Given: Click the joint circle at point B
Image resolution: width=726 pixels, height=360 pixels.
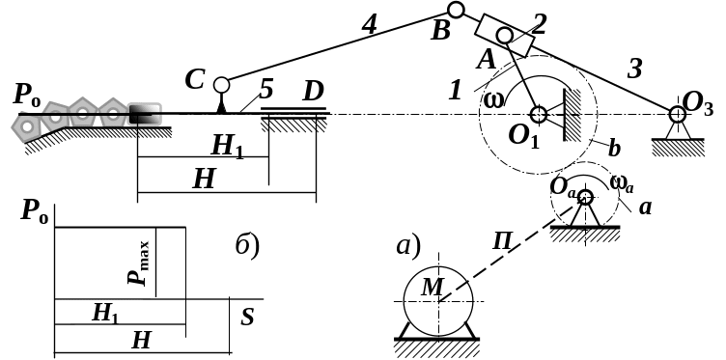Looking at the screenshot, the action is coord(456,10).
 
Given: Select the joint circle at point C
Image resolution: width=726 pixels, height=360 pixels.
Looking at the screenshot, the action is coord(221,85).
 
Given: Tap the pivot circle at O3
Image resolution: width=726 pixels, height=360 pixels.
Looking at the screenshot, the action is coord(677,113).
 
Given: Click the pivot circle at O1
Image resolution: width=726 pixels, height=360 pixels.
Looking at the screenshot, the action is coord(538,114).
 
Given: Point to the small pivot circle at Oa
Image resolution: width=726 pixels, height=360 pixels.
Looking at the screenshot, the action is coord(585,197).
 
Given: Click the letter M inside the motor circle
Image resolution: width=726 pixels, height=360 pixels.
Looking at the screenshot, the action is coord(433,287).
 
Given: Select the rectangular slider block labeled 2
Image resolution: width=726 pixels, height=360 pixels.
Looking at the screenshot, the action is coord(505,36).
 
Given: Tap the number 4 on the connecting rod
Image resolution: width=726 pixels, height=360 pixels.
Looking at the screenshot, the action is coord(370,25).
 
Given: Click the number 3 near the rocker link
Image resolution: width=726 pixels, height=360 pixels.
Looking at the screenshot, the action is coord(635,69).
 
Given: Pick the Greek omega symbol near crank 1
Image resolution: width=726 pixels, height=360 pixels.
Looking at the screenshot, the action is coord(493,99).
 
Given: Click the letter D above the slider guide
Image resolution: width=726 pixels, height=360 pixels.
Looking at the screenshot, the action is coord(313,92).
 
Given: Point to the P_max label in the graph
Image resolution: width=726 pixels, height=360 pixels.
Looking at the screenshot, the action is coord(138,263).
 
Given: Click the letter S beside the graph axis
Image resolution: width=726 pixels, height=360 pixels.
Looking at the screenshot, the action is coord(248,318).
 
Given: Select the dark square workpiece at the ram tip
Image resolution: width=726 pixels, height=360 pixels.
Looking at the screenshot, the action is coord(145,114).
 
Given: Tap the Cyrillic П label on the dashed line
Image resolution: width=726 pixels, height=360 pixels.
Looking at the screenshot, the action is coord(502,241).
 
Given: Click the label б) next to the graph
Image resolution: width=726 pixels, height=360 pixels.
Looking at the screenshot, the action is coord(247,246).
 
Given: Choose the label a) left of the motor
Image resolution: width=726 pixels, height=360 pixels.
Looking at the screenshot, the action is coord(408,246).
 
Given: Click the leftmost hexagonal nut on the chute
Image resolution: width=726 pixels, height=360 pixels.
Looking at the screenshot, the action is coord(27,125).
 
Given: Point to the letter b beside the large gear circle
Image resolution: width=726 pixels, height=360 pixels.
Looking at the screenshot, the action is coord(613,149).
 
